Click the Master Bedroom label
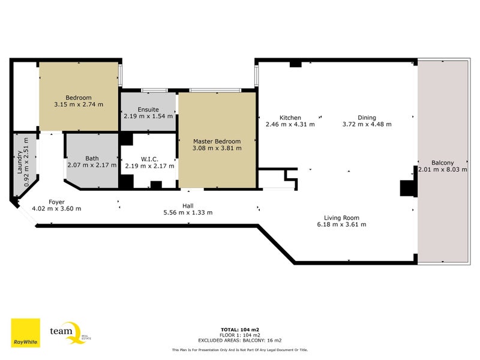[217, 142]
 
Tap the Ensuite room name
[148, 110]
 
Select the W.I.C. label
[149, 159]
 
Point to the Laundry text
[19, 162]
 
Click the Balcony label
[442, 163]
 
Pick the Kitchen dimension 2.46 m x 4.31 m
[290, 124]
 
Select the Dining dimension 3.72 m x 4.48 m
[367, 124]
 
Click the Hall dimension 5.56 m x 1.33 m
[188, 212]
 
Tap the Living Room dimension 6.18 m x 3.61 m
[341, 224]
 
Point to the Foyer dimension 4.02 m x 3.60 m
[56, 209]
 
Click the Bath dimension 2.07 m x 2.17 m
[92, 166]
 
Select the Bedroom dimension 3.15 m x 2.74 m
[79, 104]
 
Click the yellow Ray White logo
[25, 333]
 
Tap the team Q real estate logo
[70, 333]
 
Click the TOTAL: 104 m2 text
[239, 329]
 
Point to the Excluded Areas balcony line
[239, 340]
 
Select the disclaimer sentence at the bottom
[239, 350]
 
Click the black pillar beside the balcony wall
[407, 188]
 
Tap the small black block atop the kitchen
[295, 64]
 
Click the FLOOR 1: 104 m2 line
[239, 335]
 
